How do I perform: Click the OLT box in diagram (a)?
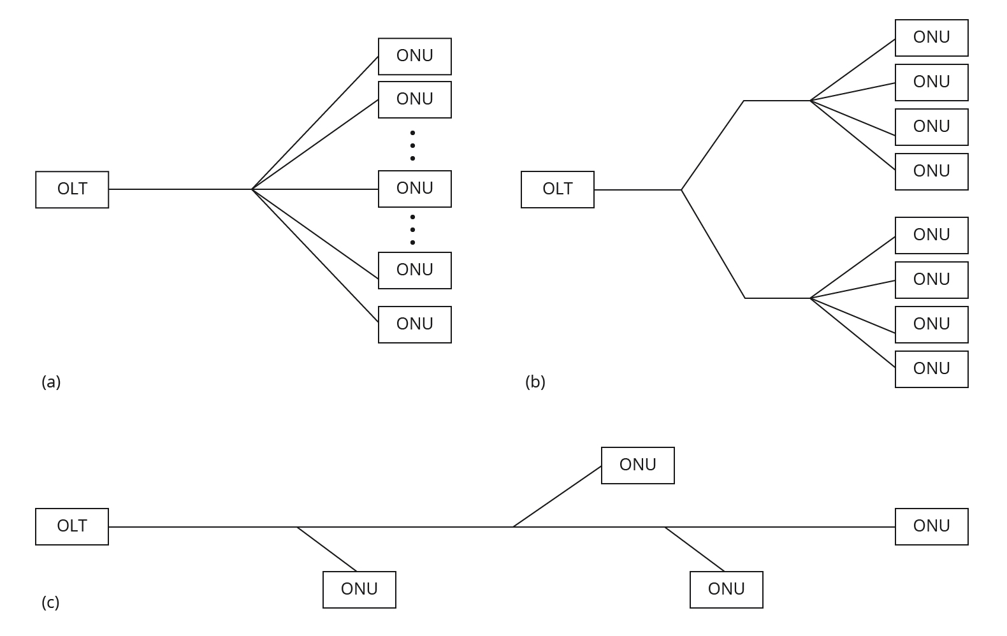(x=72, y=189)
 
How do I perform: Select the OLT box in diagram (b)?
(x=557, y=189)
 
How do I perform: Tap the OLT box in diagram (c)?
(x=72, y=526)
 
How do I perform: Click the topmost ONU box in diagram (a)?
(x=414, y=56)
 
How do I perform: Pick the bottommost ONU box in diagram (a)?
(x=414, y=324)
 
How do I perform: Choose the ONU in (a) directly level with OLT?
(x=414, y=189)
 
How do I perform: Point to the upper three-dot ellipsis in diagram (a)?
(x=412, y=145)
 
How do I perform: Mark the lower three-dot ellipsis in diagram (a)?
(x=412, y=229)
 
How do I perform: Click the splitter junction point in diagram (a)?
(x=252, y=189)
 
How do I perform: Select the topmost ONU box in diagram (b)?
(x=931, y=38)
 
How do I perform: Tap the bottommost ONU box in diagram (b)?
(x=931, y=369)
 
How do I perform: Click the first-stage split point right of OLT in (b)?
(x=681, y=190)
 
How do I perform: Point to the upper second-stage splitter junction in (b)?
(x=810, y=101)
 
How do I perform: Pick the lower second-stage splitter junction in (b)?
(x=810, y=298)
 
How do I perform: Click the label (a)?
(x=51, y=382)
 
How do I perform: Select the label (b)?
(x=535, y=382)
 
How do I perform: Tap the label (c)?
(x=50, y=602)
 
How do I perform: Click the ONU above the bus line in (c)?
(x=637, y=465)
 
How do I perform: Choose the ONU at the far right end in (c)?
(x=931, y=526)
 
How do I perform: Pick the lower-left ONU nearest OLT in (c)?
(x=359, y=589)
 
